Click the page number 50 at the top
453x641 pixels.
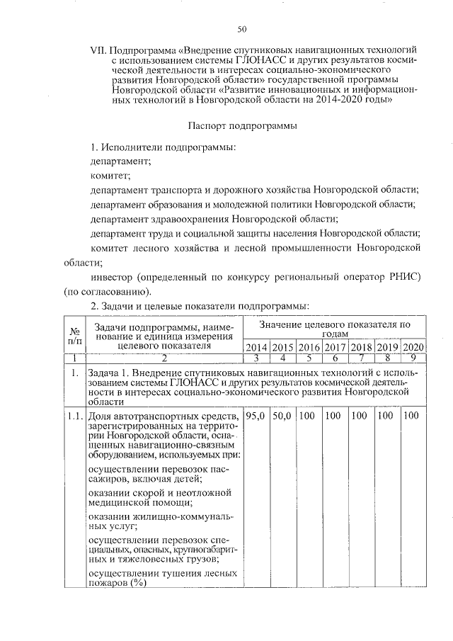click(x=241, y=29)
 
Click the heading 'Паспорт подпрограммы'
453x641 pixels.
click(x=242, y=125)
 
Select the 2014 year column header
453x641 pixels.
click(x=256, y=347)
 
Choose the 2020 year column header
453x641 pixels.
click(x=413, y=347)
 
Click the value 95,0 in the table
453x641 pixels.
click(x=256, y=415)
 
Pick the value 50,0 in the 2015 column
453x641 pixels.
click(x=282, y=415)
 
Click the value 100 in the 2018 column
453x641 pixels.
click(x=360, y=415)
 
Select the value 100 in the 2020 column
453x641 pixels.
click(x=412, y=415)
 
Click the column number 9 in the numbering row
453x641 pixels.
click(x=413, y=359)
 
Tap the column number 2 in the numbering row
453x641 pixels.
click(x=164, y=359)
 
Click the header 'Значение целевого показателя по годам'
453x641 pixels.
click(x=334, y=328)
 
